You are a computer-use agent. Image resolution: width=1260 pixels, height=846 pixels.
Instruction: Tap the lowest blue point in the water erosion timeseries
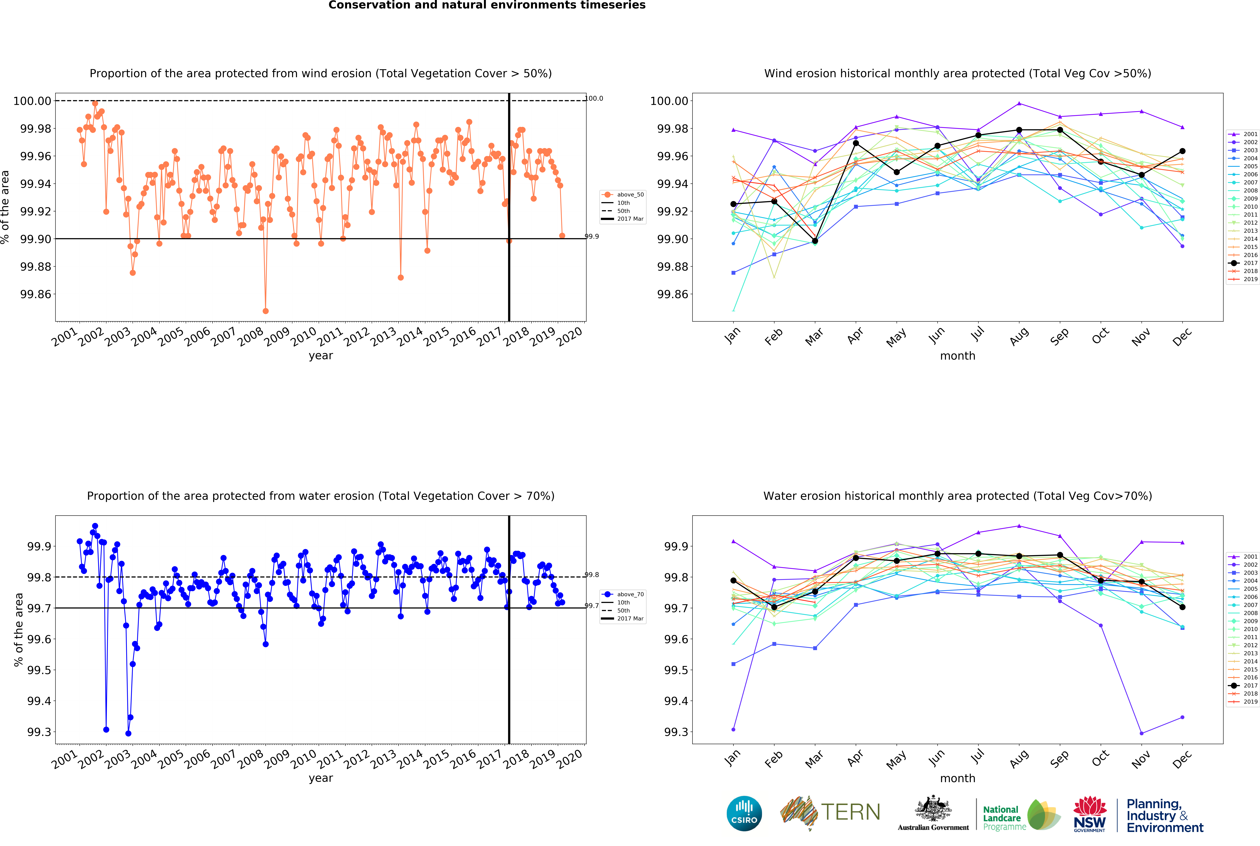pyautogui.click(x=128, y=733)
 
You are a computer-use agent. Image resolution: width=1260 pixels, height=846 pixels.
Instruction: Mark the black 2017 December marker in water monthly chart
pyautogui.click(x=1182, y=607)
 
